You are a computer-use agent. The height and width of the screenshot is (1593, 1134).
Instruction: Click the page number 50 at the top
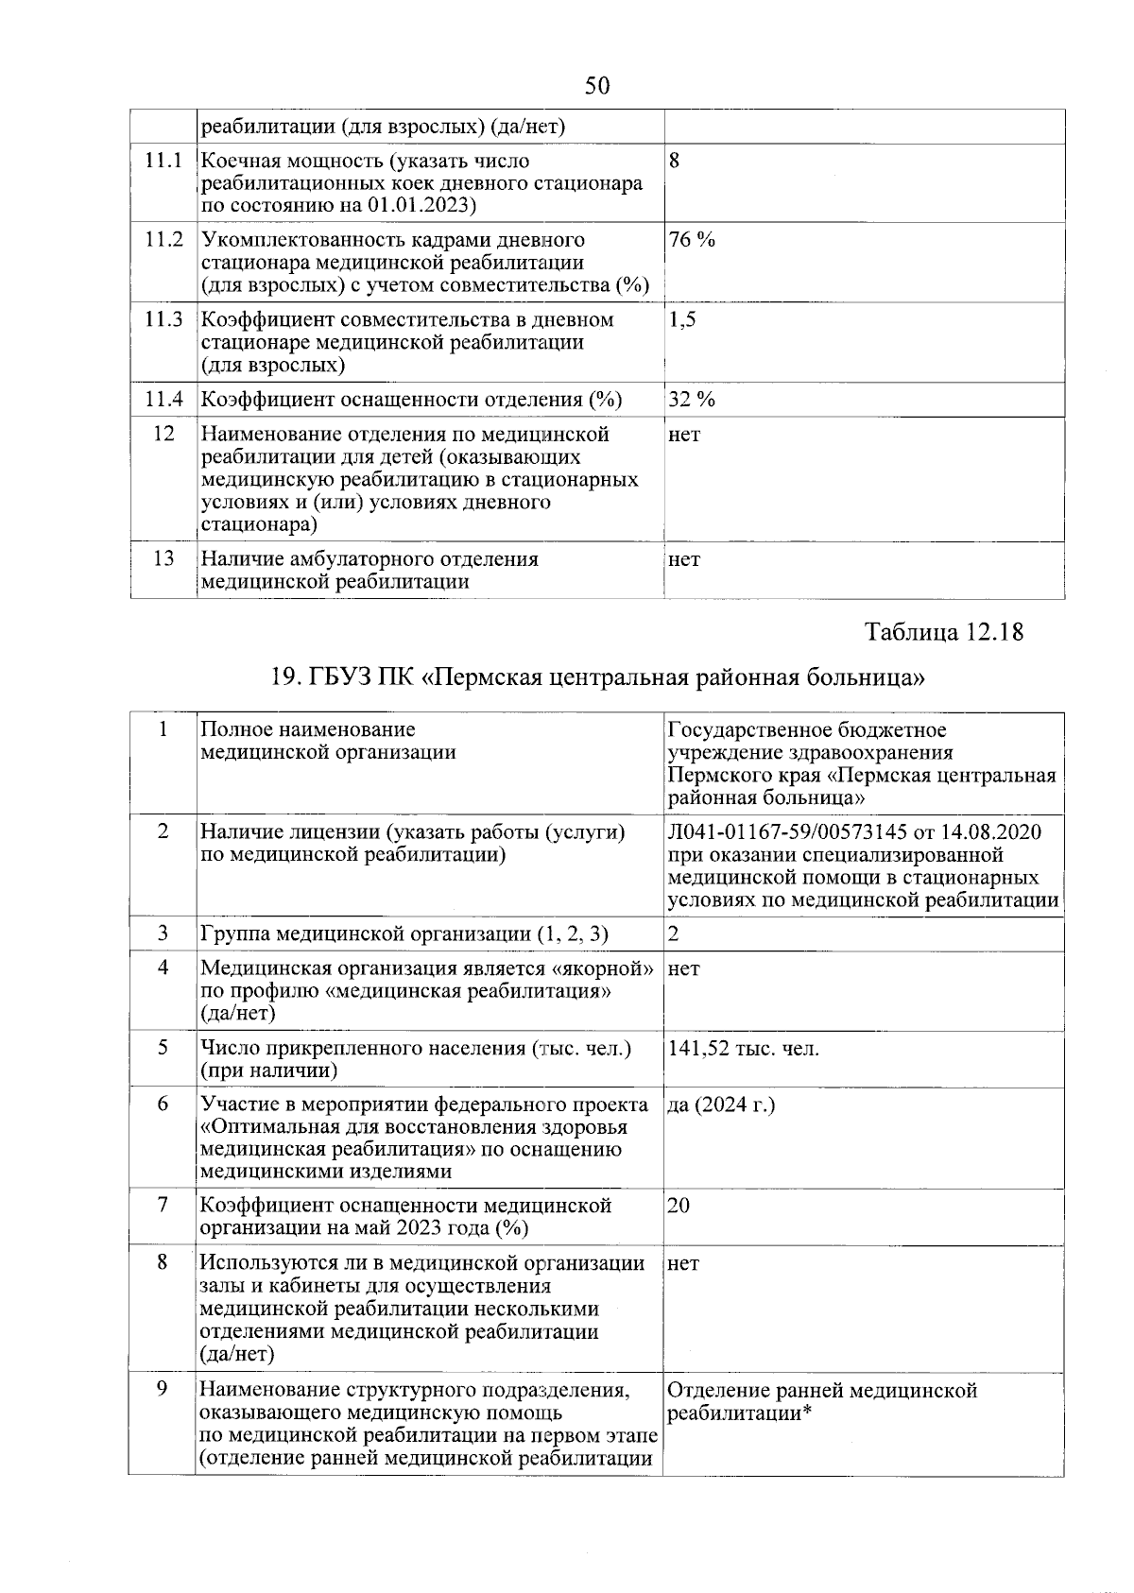pos(597,87)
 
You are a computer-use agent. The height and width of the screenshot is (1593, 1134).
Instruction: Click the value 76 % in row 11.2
pos(692,240)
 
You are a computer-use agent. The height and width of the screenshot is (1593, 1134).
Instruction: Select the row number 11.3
pos(163,319)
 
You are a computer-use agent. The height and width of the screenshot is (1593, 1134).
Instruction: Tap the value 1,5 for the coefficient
pos(682,319)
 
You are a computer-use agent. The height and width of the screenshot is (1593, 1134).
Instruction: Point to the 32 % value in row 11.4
pos(692,399)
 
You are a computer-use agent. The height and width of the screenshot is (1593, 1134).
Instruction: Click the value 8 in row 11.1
pos(674,161)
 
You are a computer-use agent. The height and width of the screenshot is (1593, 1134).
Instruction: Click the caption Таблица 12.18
pos(944,631)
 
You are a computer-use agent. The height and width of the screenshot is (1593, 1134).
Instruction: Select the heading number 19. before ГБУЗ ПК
pos(284,677)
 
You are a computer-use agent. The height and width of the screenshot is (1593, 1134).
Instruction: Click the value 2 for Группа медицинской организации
pos(674,934)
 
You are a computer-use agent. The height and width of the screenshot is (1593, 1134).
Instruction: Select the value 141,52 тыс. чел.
pos(744,1048)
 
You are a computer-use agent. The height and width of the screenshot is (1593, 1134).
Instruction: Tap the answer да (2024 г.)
pos(721,1105)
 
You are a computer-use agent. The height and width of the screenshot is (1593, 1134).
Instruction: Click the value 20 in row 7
pos(679,1206)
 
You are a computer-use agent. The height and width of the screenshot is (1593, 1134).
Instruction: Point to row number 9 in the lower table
pos(163,1390)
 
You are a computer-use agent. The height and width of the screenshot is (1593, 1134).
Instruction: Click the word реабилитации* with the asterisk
pos(740,1413)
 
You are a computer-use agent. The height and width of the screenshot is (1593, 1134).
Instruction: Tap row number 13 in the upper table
pos(163,558)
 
